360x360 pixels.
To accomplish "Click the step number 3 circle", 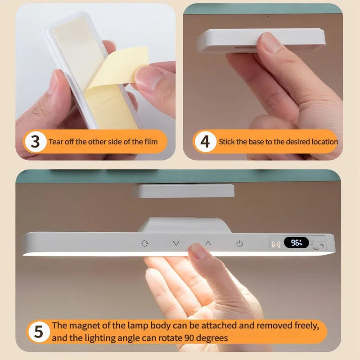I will tap(36, 142).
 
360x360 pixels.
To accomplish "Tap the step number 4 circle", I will tap(205, 142).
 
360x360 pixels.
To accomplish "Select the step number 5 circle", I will tap(38, 332).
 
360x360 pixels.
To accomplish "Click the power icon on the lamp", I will tap(239, 243).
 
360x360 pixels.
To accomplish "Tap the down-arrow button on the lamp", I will tap(176, 243).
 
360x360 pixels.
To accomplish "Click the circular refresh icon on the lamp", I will tap(144, 243).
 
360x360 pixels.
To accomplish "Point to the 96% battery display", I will tap(296, 243).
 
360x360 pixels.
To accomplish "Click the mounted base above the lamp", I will tap(184, 190).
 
